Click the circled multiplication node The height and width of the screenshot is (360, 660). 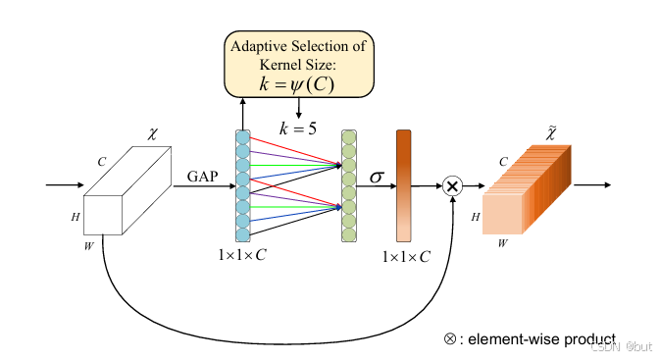click(x=452, y=185)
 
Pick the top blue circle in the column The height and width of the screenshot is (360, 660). click(x=242, y=137)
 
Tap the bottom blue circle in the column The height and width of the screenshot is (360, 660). click(x=242, y=232)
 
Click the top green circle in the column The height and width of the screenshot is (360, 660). click(x=348, y=137)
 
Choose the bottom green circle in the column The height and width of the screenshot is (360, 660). click(x=348, y=232)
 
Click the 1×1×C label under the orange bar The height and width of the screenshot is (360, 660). click(x=405, y=256)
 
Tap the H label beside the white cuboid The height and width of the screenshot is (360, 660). click(x=75, y=215)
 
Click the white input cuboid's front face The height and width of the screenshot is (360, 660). click(x=102, y=213)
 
